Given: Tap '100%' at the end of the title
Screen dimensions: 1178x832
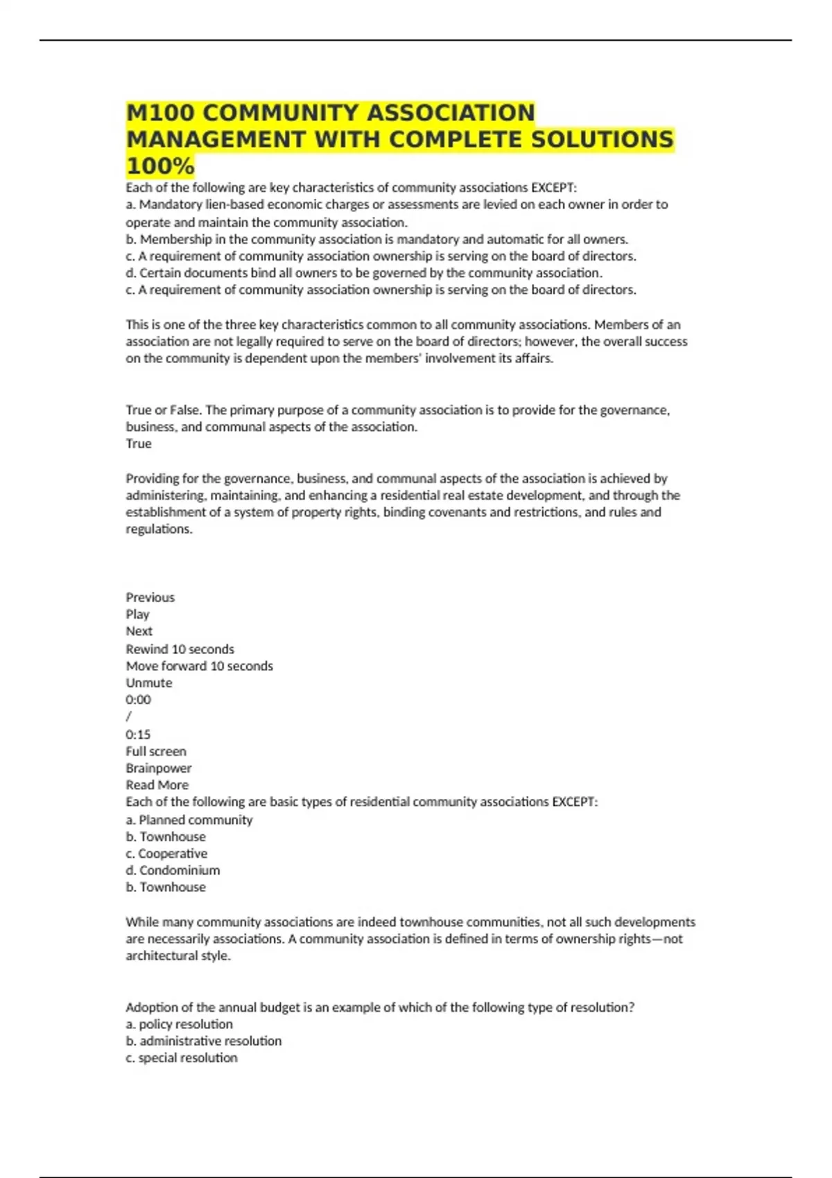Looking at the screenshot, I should (160, 166).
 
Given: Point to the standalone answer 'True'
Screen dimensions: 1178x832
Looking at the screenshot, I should (139, 443).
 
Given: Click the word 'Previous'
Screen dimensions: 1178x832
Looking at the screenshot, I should (150, 597).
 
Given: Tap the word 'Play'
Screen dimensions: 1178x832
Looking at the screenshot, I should (137, 614).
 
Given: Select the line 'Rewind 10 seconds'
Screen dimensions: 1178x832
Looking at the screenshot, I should (180, 649).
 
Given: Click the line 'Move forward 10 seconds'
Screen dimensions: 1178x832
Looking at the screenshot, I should (199, 666).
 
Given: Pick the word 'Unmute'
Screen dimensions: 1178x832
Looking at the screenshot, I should (148, 683).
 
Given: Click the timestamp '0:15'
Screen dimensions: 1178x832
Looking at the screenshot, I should (138, 735).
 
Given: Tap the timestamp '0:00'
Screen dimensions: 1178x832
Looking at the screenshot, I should (138, 700).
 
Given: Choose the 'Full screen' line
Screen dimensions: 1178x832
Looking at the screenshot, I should (156, 751).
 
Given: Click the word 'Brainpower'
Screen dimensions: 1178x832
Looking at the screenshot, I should (158, 768).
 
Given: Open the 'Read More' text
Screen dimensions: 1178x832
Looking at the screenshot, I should (157, 785).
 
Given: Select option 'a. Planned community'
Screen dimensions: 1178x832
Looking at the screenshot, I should (189, 820).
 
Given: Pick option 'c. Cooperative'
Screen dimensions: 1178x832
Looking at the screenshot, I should (166, 854).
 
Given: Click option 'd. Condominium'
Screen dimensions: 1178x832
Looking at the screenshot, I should (173, 870).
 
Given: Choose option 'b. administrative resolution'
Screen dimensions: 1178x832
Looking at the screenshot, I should (203, 1041).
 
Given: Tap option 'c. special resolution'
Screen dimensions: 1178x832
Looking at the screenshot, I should (181, 1058).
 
